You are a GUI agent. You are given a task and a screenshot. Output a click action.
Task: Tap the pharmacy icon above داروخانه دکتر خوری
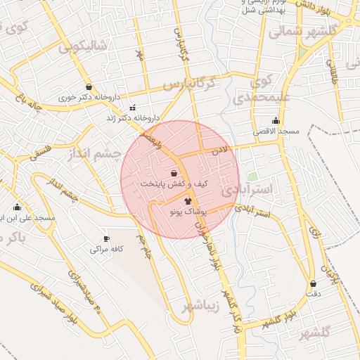coord(89,87)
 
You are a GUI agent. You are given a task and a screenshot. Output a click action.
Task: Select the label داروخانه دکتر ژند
coord(132,118)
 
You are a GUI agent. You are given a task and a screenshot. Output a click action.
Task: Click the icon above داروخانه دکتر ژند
coord(134,108)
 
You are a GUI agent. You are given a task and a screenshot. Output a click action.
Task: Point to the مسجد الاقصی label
coord(276,131)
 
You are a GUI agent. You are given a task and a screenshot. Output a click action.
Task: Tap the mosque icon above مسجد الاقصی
coord(275,121)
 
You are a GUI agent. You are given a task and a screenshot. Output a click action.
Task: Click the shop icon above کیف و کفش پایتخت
coord(174,172)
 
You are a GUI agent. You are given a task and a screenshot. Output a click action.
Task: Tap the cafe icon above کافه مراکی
coord(107,238)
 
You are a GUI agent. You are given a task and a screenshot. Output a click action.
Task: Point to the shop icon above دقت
coord(313,284)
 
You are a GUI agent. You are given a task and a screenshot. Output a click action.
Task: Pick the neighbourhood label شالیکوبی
coord(82,46)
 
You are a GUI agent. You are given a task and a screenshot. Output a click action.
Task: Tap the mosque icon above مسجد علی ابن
coord(18,207)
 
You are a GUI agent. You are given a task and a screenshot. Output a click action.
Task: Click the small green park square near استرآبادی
coord(252,176)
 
